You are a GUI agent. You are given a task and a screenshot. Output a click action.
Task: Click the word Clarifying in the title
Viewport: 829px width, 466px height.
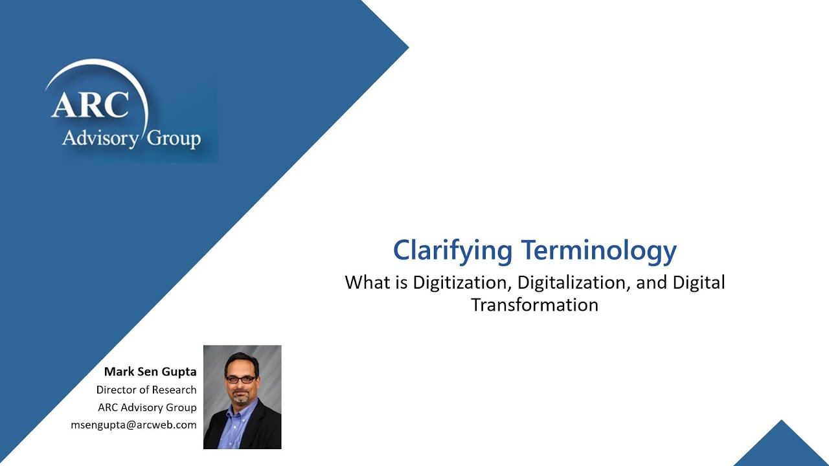pos(452,250)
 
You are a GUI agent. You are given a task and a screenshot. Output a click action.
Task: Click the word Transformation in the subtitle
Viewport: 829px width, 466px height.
pos(534,305)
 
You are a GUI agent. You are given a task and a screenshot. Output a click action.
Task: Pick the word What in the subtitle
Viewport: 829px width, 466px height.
pos(368,283)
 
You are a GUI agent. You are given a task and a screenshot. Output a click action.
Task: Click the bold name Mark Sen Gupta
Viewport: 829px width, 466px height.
pos(150,372)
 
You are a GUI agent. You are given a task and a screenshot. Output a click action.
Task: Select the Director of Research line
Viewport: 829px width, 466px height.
pos(146,390)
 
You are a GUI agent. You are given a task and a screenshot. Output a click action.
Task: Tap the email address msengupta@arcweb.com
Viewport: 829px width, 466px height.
pos(133,425)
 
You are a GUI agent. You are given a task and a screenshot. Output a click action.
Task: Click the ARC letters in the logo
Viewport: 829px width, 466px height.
pos(90,105)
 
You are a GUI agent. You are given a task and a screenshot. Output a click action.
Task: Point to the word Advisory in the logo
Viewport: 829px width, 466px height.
pos(100,138)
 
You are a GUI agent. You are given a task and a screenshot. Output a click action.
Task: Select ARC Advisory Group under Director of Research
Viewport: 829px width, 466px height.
pos(147,408)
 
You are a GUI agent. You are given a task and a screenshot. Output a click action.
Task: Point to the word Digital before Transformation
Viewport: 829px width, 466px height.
pos(699,283)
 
